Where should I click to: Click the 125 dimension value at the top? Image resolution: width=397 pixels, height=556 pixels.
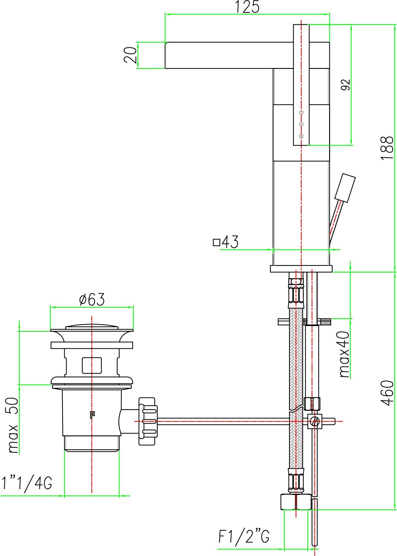click(x=247, y=7)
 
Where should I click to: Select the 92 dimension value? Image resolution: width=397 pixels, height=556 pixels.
click(x=345, y=85)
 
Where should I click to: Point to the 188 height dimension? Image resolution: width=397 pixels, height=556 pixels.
click(x=387, y=148)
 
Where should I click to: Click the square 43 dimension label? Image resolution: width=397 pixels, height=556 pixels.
click(x=226, y=242)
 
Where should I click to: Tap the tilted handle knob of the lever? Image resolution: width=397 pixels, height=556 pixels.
click(x=345, y=188)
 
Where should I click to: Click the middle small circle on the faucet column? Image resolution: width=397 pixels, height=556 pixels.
click(x=301, y=124)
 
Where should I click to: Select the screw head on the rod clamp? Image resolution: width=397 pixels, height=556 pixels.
click(x=314, y=421)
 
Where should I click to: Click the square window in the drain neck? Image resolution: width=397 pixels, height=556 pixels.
click(x=92, y=365)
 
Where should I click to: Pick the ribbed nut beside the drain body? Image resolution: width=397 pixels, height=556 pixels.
click(x=147, y=421)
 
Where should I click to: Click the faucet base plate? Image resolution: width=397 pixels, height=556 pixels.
click(x=301, y=269)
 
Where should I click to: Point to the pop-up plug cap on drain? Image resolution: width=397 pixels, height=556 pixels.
click(x=92, y=327)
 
